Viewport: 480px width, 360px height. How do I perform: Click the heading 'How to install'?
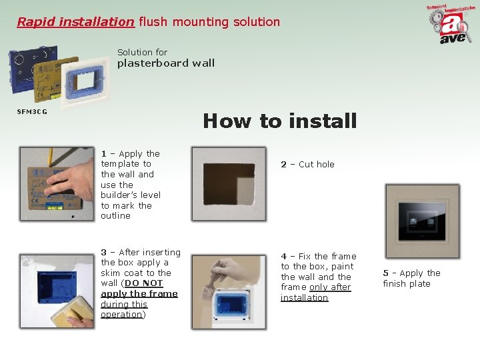tap(279, 121)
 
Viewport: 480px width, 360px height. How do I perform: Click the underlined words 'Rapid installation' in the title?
tap(75, 22)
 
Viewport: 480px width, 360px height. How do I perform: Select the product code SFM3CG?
tap(32, 111)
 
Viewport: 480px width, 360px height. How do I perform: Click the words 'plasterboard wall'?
tap(166, 63)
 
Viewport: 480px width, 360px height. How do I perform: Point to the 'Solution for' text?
tap(142, 52)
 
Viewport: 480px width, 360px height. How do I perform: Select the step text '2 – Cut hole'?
tap(307, 164)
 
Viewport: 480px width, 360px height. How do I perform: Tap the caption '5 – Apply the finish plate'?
tap(411, 278)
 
